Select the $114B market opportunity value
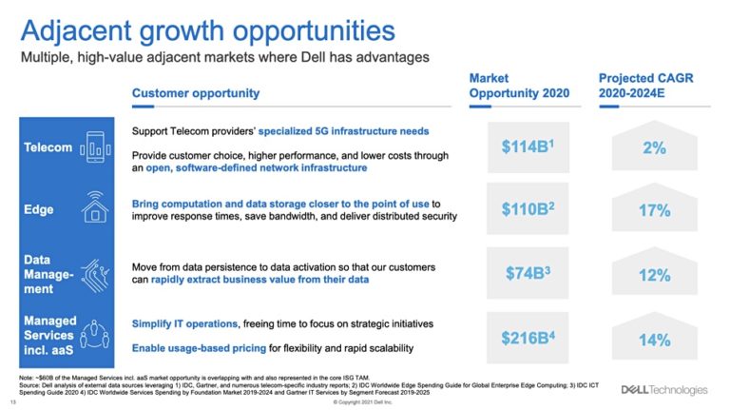click(528, 147)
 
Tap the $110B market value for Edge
click(528, 209)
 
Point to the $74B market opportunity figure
click(528, 273)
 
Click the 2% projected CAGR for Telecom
click(654, 149)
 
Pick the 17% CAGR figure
click(654, 211)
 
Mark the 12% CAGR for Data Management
click(654, 275)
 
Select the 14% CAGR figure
click(654, 339)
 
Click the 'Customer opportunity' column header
click(195, 93)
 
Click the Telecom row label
click(48, 147)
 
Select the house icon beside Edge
click(95, 207)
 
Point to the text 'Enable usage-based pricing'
click(196, 348)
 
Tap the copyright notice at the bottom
click(365, 403)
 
